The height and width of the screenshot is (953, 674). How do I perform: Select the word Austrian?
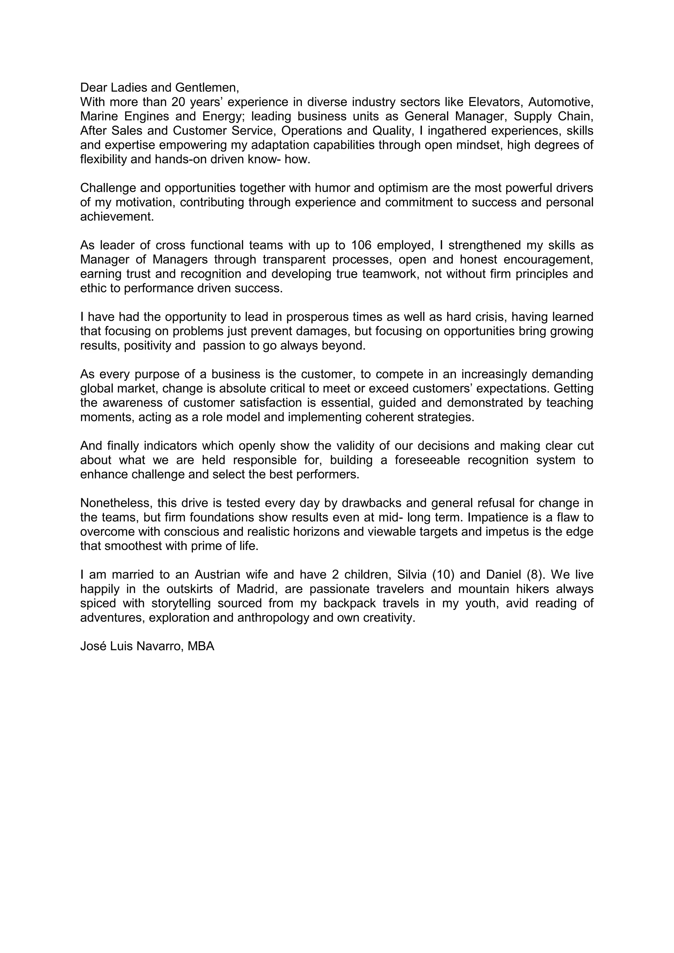point(218,575)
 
